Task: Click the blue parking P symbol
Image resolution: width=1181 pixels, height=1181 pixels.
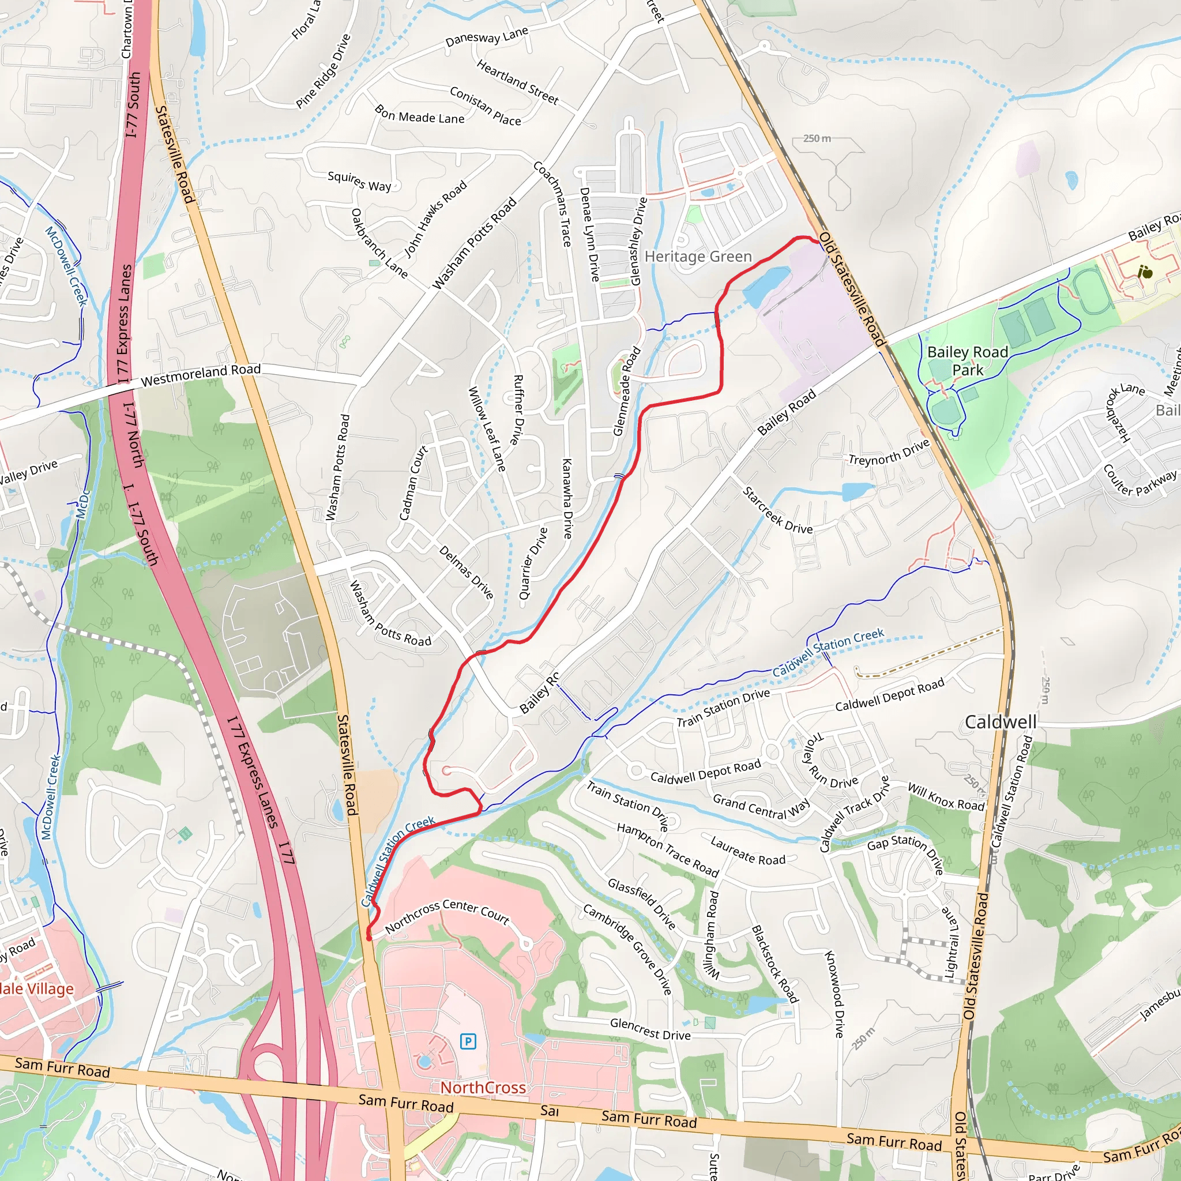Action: [x=468, y=1041]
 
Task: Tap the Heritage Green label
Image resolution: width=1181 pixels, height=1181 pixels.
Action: [x=698, y=257]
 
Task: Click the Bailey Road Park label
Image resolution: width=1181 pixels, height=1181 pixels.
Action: [x=967, y=360]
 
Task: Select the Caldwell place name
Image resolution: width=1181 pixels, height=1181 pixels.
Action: [x=1000, y=722]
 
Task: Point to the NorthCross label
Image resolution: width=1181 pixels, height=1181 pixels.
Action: [x=483, y=1088]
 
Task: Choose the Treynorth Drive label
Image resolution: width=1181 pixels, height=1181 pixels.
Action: [x=889, y=452]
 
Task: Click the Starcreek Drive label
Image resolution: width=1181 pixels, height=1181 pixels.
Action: [x=777, y=511]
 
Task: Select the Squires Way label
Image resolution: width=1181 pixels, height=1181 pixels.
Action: [x=359, y=181]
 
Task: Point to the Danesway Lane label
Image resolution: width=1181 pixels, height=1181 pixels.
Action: [x=487, y=37]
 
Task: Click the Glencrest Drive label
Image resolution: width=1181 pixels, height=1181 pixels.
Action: [x=650, y=1029]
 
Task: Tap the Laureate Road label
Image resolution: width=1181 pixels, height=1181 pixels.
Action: [x=747, y=851]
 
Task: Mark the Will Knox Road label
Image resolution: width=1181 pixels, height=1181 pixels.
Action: [x=946, y=797]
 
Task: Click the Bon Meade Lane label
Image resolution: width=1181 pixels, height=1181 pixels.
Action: [x=419, y=115]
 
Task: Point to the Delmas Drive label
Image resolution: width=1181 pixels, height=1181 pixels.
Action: [x=467, y=572]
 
